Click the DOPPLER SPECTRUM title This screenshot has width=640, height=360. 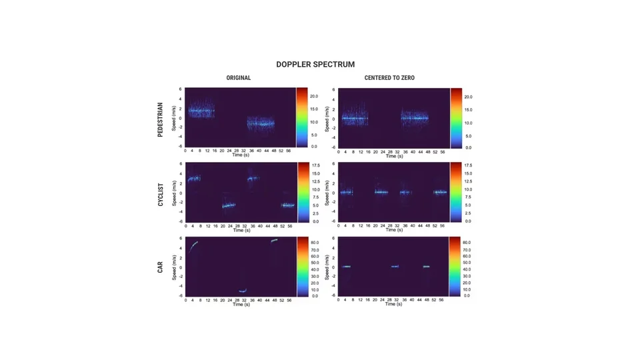(315, 65)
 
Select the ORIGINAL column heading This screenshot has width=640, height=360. (239, 78)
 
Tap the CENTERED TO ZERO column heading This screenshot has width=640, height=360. (389, 78)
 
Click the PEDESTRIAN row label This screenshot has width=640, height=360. (160, 120)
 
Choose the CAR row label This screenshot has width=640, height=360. (160, 267)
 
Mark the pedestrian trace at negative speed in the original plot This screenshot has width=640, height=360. (261, 123)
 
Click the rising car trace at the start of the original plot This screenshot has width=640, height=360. (193, 246)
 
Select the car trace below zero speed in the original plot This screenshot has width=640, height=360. (243, 291)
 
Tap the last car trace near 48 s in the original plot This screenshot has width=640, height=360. (274, 241)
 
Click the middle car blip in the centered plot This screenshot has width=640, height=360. (395, 267)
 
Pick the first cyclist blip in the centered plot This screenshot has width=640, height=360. (346, 193)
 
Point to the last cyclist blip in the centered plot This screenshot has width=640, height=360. (440, 193)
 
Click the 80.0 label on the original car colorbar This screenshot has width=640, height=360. (315, 243)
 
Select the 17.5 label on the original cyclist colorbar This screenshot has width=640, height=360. (315, 165)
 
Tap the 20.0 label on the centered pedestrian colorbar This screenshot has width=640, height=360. (468, 97)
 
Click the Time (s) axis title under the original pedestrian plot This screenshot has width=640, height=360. (241, 155)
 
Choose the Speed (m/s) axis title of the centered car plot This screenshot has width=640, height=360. (327, 267)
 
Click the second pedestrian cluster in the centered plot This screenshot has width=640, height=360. (415, 119)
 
